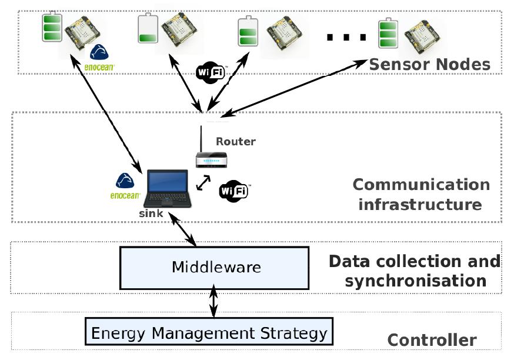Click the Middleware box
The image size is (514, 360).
pos(215,267)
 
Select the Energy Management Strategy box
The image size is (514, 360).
pos(209,334)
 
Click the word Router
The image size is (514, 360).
pos(236,141)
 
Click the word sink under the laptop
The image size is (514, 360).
pos(151,214)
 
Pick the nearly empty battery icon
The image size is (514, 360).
pos(147,29)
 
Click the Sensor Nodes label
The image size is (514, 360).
pos(429,64)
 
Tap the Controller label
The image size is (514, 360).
pos(432,340)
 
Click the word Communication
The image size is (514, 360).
pos(421,184)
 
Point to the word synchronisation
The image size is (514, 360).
pos(415,281)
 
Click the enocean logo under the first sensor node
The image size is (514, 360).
pos(102,59)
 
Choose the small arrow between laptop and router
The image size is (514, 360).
pos(203,182)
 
